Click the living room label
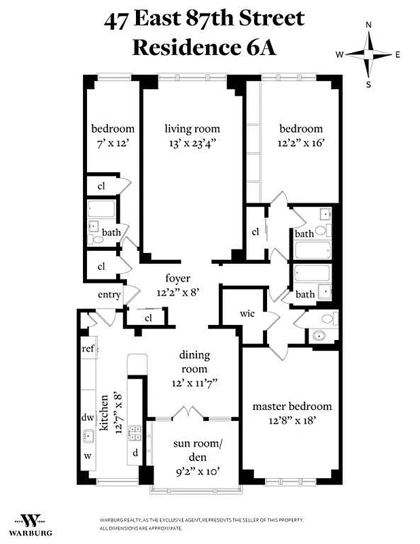(192, 129)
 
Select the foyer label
(177, 279)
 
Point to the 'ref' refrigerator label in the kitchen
(88, 348)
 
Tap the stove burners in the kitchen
(135, 430)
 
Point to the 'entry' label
(109, 294)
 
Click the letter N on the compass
(369, 24)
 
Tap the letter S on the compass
(369, 84)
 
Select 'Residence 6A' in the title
(204, 48)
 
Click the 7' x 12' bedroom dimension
(113, 142)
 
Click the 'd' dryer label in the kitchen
(135, 452)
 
